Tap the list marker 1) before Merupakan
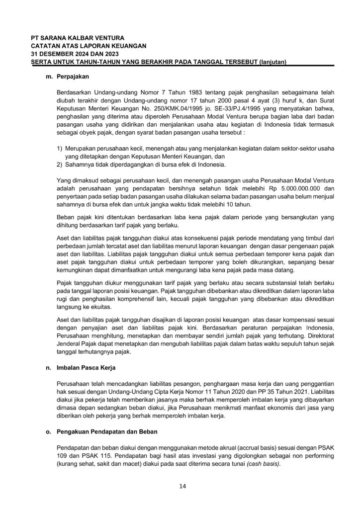(x=60, y=149)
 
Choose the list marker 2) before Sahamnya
(x=60, y=165)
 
